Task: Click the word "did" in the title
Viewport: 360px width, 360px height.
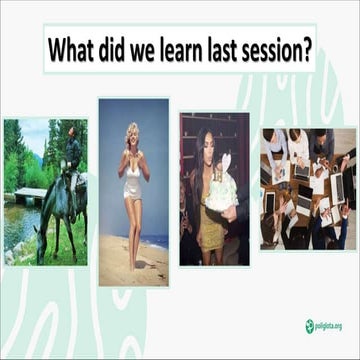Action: pos(121,50)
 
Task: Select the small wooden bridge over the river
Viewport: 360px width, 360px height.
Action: pos(29,193)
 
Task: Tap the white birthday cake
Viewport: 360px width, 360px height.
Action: pos(220,190)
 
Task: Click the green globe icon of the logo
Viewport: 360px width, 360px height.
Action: pos(309,325)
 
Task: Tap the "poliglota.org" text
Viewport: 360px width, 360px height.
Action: pos(331,325)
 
